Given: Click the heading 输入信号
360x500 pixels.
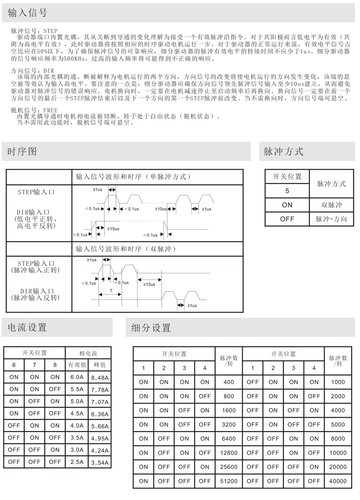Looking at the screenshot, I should (27, 13).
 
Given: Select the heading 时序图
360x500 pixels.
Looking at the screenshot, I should (22, 151).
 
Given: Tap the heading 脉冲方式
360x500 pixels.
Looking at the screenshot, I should (284, 151).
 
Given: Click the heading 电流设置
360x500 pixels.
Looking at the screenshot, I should (27, 328).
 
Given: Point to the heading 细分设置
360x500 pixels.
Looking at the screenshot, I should (151, 328).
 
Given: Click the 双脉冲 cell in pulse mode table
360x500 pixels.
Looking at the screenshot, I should (331, 205).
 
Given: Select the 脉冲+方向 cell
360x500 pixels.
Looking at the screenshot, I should (331, 219).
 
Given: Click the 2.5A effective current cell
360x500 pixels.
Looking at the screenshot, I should (77, 462).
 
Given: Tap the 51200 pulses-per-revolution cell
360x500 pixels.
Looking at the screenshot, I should (229, 481).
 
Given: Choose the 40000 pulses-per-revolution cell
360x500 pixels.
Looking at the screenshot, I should (338, 481).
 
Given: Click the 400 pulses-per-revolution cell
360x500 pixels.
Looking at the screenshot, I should (229, 382).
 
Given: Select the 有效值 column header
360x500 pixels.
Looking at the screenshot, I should (77, 365).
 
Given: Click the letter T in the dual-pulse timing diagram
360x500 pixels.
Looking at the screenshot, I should (111, 291).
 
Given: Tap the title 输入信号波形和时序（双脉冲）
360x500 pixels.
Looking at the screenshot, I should (126, 249).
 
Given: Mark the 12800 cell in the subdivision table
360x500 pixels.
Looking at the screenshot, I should (229, 453).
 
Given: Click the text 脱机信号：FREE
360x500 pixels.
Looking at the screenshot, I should (34, 110).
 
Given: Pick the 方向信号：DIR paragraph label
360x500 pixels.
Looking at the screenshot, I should (33, 71).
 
